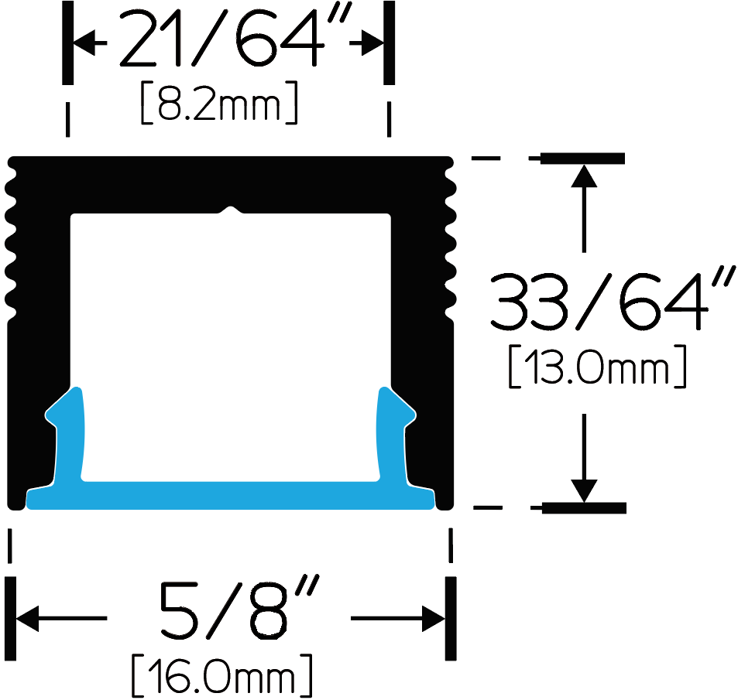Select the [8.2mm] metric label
219,102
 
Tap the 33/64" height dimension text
612,299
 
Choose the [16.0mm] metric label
221,675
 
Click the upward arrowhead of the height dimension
584,176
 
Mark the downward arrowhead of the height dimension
584,491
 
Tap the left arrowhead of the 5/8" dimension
27,618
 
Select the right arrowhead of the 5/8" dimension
434,618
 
